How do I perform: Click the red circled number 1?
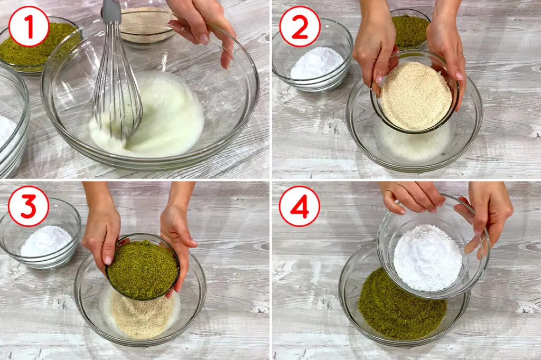[29, 26]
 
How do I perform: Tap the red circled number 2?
[300, 26]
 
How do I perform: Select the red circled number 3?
[29, 206]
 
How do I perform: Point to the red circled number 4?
[300, 206]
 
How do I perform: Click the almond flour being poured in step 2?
[415, 95]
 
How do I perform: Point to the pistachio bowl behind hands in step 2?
[410, 29]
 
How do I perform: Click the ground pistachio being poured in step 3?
[143, 269]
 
